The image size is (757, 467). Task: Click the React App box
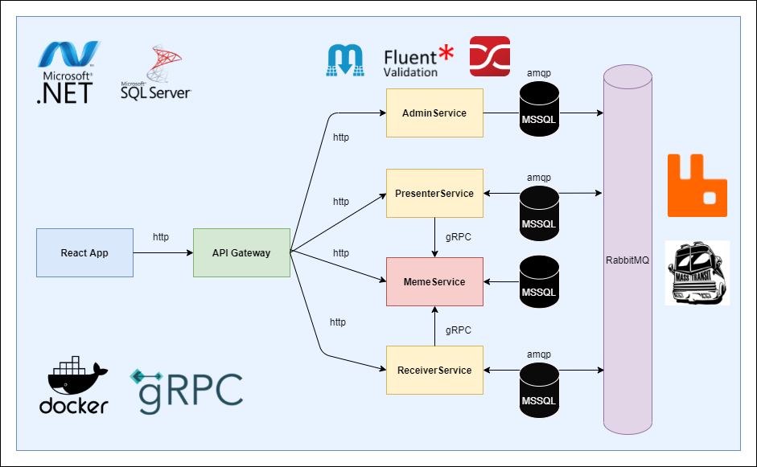tap(84, 253)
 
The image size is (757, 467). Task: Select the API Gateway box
tap(241, 253)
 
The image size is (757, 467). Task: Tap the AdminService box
tap(434, 113)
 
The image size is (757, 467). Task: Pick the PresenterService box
tap(434, 193)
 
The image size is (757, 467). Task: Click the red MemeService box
tap(434, 282)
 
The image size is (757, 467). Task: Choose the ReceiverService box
tap(434, 370)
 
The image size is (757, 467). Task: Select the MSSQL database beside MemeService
tap(539, 283)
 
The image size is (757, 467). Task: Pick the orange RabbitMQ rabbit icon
tap(697, 186)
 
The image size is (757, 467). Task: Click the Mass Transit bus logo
tap(697, 273)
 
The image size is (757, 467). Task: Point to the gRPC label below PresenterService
tap(459, 238)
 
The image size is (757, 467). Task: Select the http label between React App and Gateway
tap(161, 237)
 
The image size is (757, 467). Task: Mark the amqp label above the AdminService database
tap(539, 73)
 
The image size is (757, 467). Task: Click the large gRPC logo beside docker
tap(187, 390)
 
